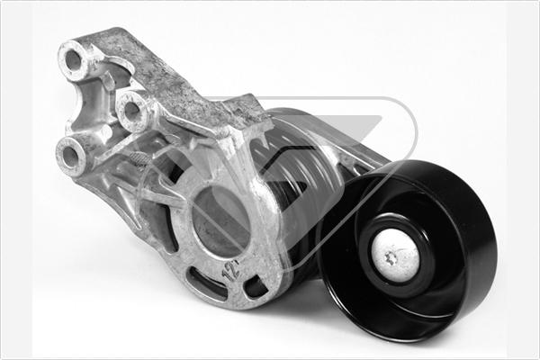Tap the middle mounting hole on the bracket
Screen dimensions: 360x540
(x=133, y=112)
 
